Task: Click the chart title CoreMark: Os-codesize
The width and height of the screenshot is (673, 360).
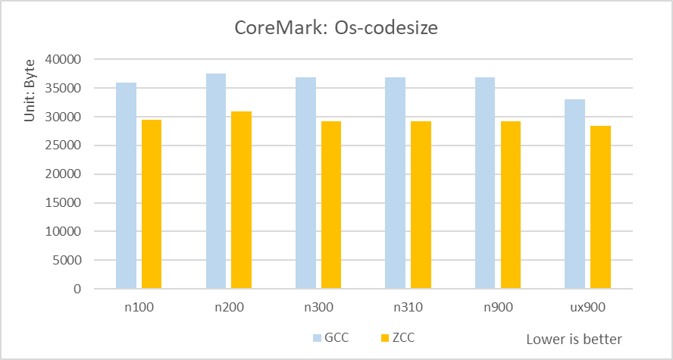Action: (336, 30)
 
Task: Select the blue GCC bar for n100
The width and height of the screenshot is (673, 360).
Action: (126, 186)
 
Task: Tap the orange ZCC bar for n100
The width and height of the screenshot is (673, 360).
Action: (152, 204)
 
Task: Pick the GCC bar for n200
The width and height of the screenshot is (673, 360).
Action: (216, 181)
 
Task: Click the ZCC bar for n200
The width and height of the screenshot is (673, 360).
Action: (241, 200)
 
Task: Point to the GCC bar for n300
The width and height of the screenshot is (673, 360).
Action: (305, 183)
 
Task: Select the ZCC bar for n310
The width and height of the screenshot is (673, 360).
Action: (421, 205)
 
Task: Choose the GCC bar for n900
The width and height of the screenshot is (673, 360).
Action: (485, 183)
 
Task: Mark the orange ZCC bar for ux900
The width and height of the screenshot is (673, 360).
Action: (600, 207)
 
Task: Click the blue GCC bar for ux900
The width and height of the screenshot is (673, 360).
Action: (575, 194)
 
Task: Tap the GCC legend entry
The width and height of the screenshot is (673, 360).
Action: (330, 337)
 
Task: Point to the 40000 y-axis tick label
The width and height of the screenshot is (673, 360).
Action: (65, 59)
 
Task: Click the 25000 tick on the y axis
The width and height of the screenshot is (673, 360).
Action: (65, 146)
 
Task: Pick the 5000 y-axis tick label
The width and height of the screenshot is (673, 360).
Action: (68, 261)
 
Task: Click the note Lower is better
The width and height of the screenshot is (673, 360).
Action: (574, 339)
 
